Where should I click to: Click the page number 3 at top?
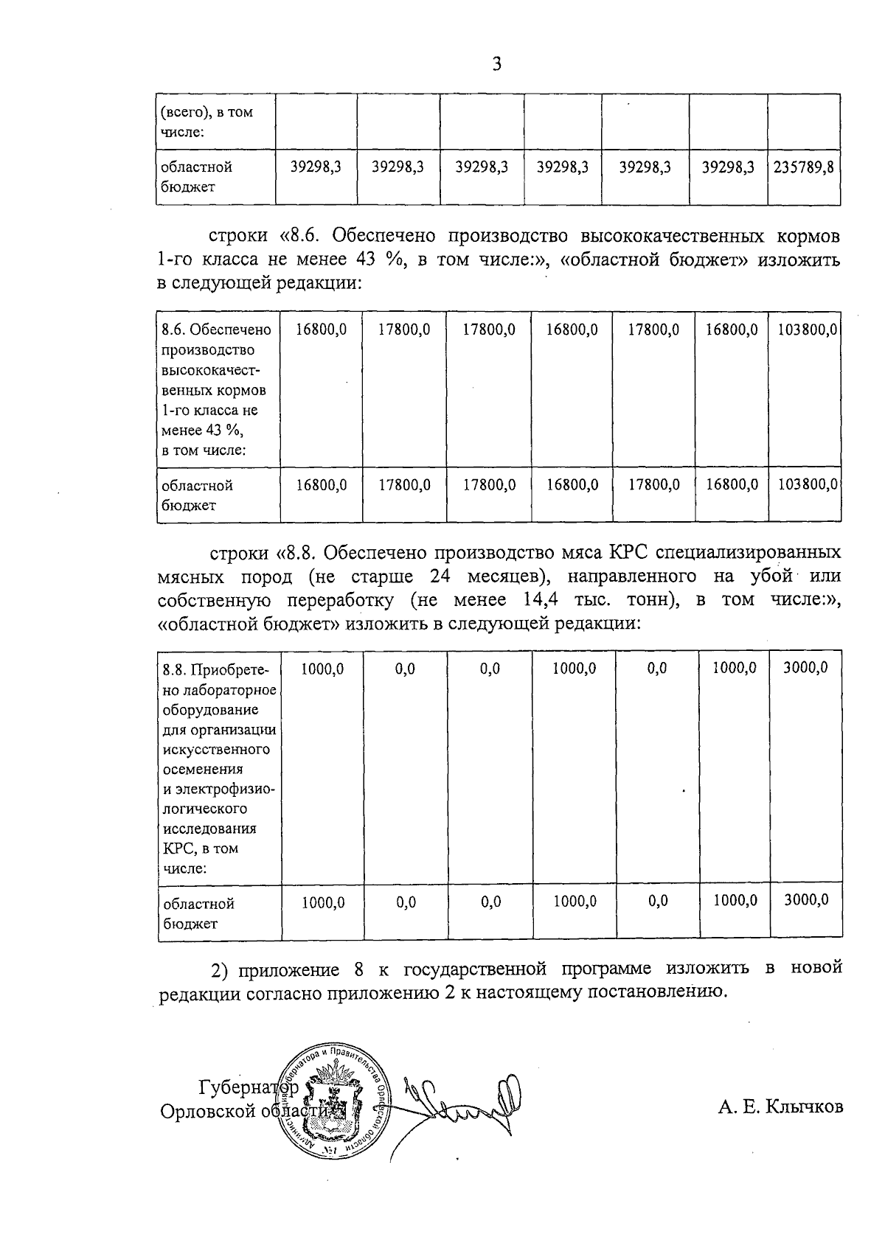tap(496, 65)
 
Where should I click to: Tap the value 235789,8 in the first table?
tap(804, 167)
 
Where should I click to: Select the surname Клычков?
tap(804, 1107)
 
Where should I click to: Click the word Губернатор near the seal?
tap(248, 1087)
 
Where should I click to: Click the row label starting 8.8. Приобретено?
tap(218, 670)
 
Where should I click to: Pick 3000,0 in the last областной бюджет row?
tap(805, 899)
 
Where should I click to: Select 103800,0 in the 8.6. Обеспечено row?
tap(807, 330)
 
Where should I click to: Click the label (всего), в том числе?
tap(207, 122)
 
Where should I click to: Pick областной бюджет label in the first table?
tap(197, 177)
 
